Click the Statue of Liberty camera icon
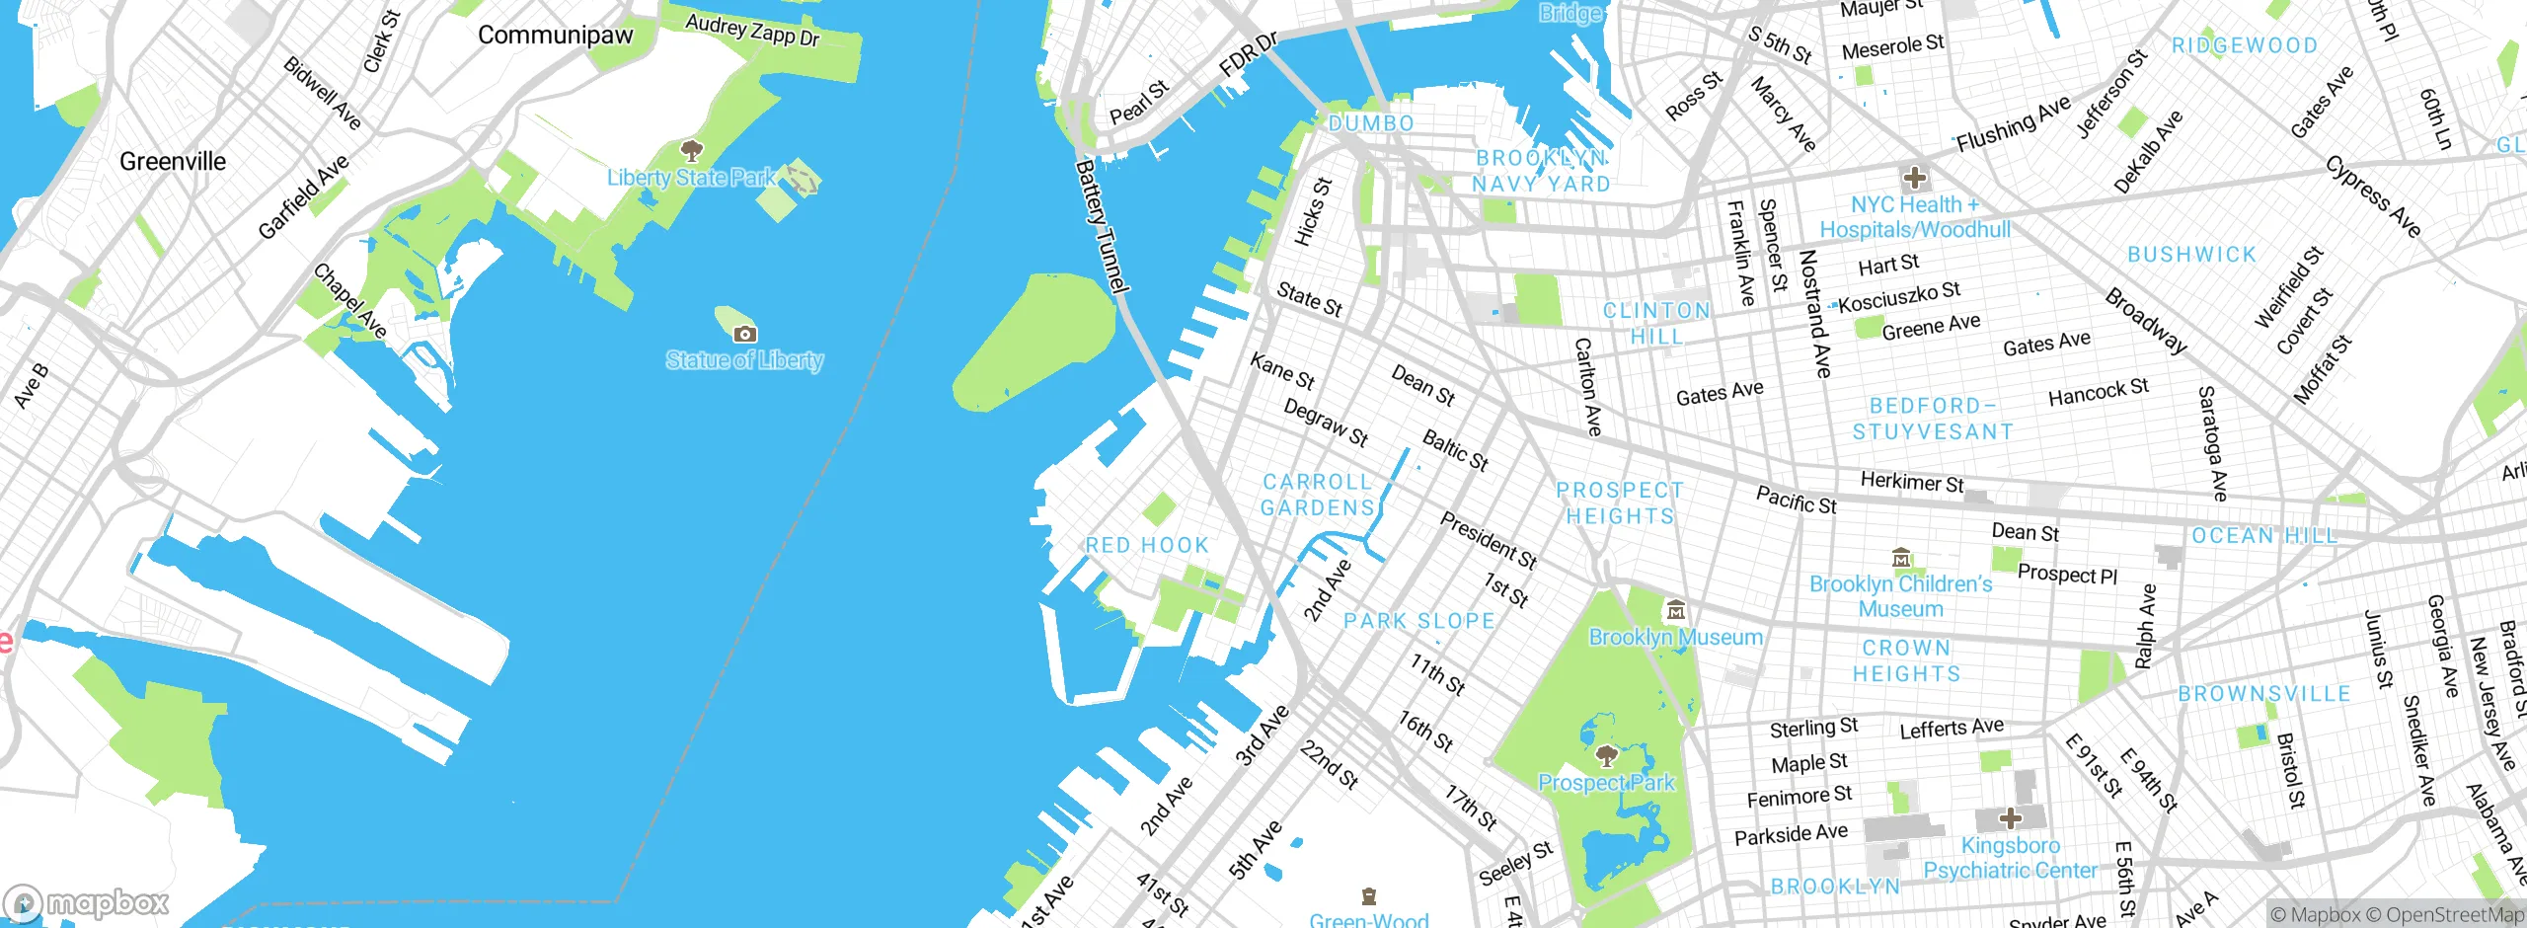(x=745, y=335)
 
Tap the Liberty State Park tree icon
(x=692, y=151)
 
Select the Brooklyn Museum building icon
(x=1675, y=610)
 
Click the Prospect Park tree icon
(x=1606, y=756)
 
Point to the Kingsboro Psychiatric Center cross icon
(x=2011, y=818)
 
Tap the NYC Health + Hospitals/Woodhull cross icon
(x=1915, y=178)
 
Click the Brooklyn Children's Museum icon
(x=1901, y=558)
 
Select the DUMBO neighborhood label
(x=1371, y=123)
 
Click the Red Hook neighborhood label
(x=1146, y=545)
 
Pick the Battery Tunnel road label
(x=1101, y=227)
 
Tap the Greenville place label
(x=173, y=161)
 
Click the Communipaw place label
(x=555, y=36)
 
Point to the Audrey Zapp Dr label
(x=752, y=31)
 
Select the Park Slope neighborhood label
(x=1418, y=621)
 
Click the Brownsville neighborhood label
(x=2264, y=694)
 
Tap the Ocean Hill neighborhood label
(x=2264, y=536)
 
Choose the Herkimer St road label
(x=1911, y=483)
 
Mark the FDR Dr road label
(x=1248, y=54)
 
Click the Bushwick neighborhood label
(x=2191, y=255)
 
